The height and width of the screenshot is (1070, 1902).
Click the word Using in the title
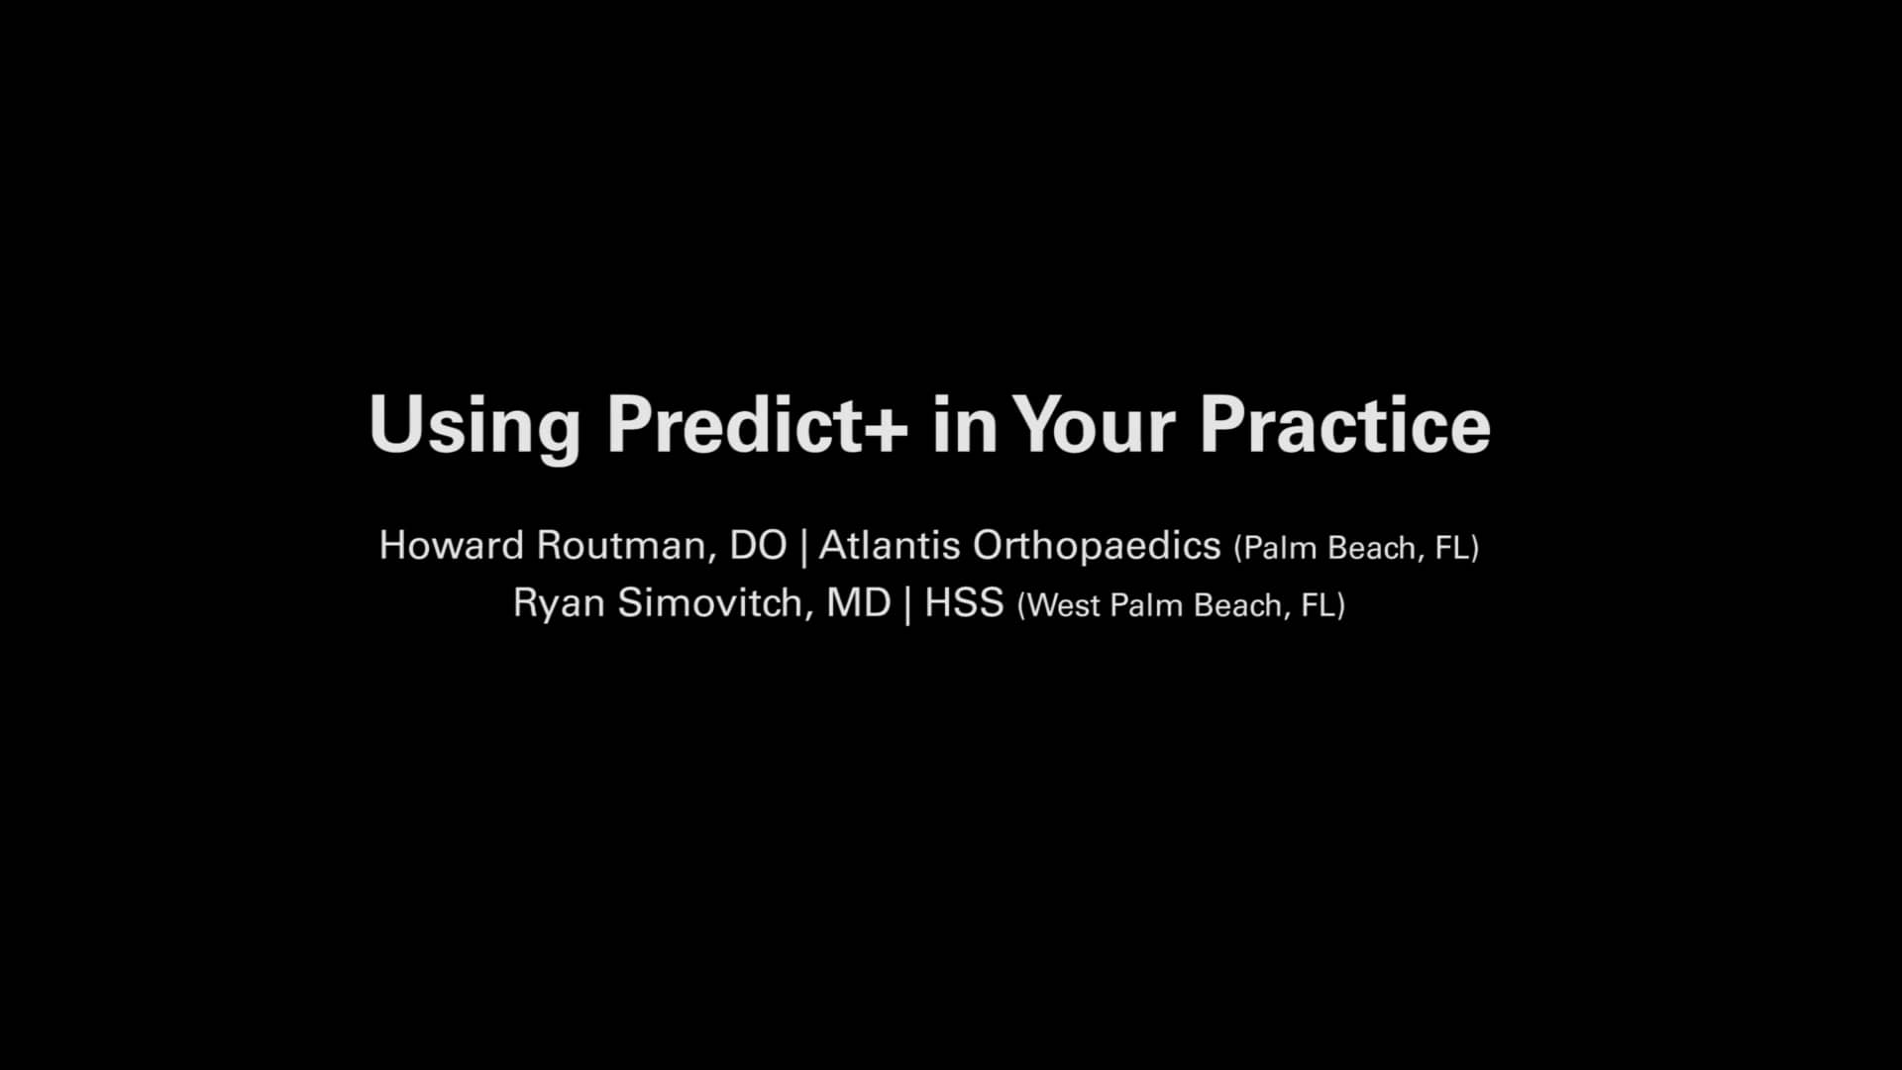point(474,426)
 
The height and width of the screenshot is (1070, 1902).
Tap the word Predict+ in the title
point(757,426)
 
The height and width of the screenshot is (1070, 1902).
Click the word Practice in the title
point(1344,426)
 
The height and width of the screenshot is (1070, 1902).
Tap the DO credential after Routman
point(758,546)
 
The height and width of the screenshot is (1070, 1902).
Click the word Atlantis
point(889,546)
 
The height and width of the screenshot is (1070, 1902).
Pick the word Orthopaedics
point(1097,546)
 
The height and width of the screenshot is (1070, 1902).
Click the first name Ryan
point(559,603)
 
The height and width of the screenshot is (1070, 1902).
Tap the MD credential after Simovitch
point(859,603)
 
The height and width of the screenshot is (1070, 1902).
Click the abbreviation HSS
point(964,603)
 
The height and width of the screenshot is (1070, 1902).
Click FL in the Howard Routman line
point(1454,548)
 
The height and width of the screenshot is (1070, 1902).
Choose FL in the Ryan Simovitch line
point(1321,605)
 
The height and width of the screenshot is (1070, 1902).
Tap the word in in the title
point(964,426)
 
